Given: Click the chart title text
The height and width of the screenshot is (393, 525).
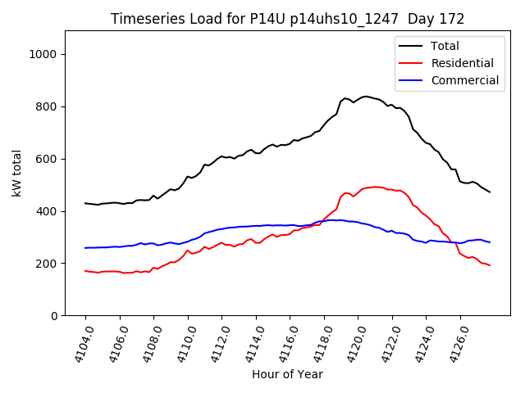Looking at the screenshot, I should (287, 19).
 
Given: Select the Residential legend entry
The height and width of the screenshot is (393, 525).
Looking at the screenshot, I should (462, 63).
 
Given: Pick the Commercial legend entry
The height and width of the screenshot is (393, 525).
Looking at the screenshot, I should (463, 80).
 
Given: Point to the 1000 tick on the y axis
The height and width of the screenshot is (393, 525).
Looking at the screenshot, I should (48, 54).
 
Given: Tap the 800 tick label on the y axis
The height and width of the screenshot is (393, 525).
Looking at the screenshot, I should (52, 106).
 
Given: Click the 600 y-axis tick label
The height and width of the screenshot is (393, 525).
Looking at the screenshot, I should (52, 159).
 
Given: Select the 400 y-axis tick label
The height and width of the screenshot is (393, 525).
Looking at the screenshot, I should (52, 211).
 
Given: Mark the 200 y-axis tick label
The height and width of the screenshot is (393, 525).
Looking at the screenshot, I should (52, 264).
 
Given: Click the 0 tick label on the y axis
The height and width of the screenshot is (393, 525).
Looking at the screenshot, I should (58, 316).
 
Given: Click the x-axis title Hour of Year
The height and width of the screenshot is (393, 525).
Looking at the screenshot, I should (287, 374).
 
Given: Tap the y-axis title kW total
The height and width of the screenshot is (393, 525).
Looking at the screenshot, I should (17, 174).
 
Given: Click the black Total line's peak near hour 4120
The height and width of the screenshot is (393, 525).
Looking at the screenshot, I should (365, 96).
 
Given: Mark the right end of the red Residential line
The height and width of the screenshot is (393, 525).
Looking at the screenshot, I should (490, 265).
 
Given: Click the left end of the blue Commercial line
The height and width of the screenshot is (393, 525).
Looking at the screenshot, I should (85, 248).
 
